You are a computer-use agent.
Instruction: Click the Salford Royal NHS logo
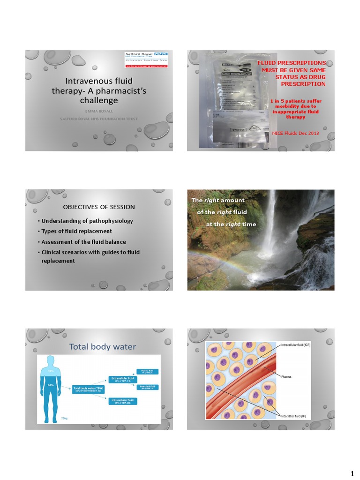[147, 60]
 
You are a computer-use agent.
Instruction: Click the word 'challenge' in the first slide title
[99, 100]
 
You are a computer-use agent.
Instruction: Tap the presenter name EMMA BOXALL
[98, 111]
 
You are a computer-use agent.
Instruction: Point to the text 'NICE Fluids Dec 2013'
[295, 133]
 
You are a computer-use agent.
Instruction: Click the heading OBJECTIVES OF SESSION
[99, 207]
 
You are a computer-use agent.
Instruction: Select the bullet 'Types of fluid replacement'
[76, 231]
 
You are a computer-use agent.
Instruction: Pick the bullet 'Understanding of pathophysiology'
[87, 221]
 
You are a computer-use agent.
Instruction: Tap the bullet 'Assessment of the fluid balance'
[83, 242]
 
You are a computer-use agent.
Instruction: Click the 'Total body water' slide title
[103, 347]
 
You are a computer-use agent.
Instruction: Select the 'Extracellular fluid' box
[123, 379]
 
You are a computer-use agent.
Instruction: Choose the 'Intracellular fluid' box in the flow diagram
[123, 401]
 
